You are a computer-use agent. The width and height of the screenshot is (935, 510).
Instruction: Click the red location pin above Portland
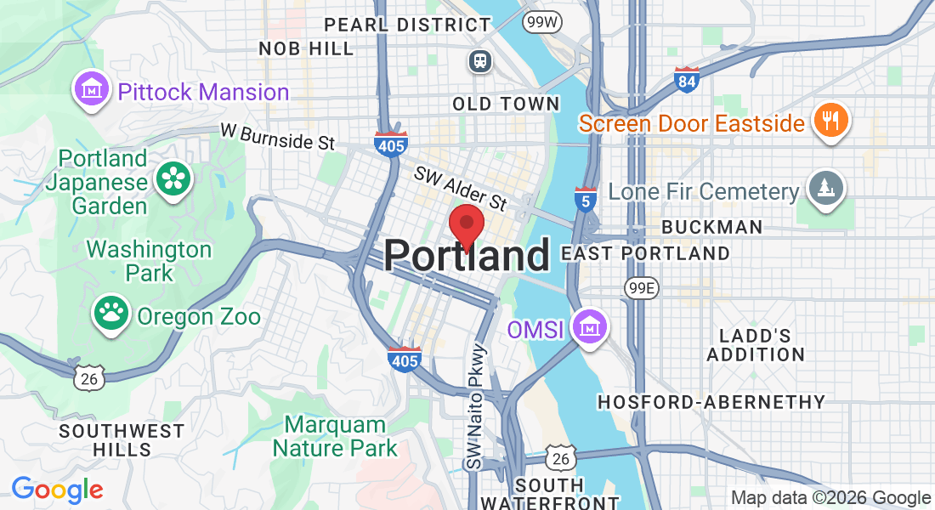466,224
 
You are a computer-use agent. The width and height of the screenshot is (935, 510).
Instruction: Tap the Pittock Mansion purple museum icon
89,90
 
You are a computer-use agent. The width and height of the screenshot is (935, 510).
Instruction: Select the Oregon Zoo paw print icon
110,314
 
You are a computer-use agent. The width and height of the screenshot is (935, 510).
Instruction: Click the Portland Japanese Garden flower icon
174,179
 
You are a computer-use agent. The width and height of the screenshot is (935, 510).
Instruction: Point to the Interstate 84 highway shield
686,80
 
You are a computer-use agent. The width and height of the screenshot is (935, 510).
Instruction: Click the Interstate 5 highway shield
585,200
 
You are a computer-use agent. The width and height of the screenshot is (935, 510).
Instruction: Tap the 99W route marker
540,20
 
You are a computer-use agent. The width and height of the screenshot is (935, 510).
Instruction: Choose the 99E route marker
641,288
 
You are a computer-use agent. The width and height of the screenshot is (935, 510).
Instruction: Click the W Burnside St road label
277,136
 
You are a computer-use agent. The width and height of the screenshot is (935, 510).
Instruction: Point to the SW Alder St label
460,189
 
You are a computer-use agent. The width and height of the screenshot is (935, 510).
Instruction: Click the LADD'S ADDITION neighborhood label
756,344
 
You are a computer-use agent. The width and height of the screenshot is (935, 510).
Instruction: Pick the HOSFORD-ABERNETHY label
711,402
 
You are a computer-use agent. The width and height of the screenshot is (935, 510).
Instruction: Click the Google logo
57,490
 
